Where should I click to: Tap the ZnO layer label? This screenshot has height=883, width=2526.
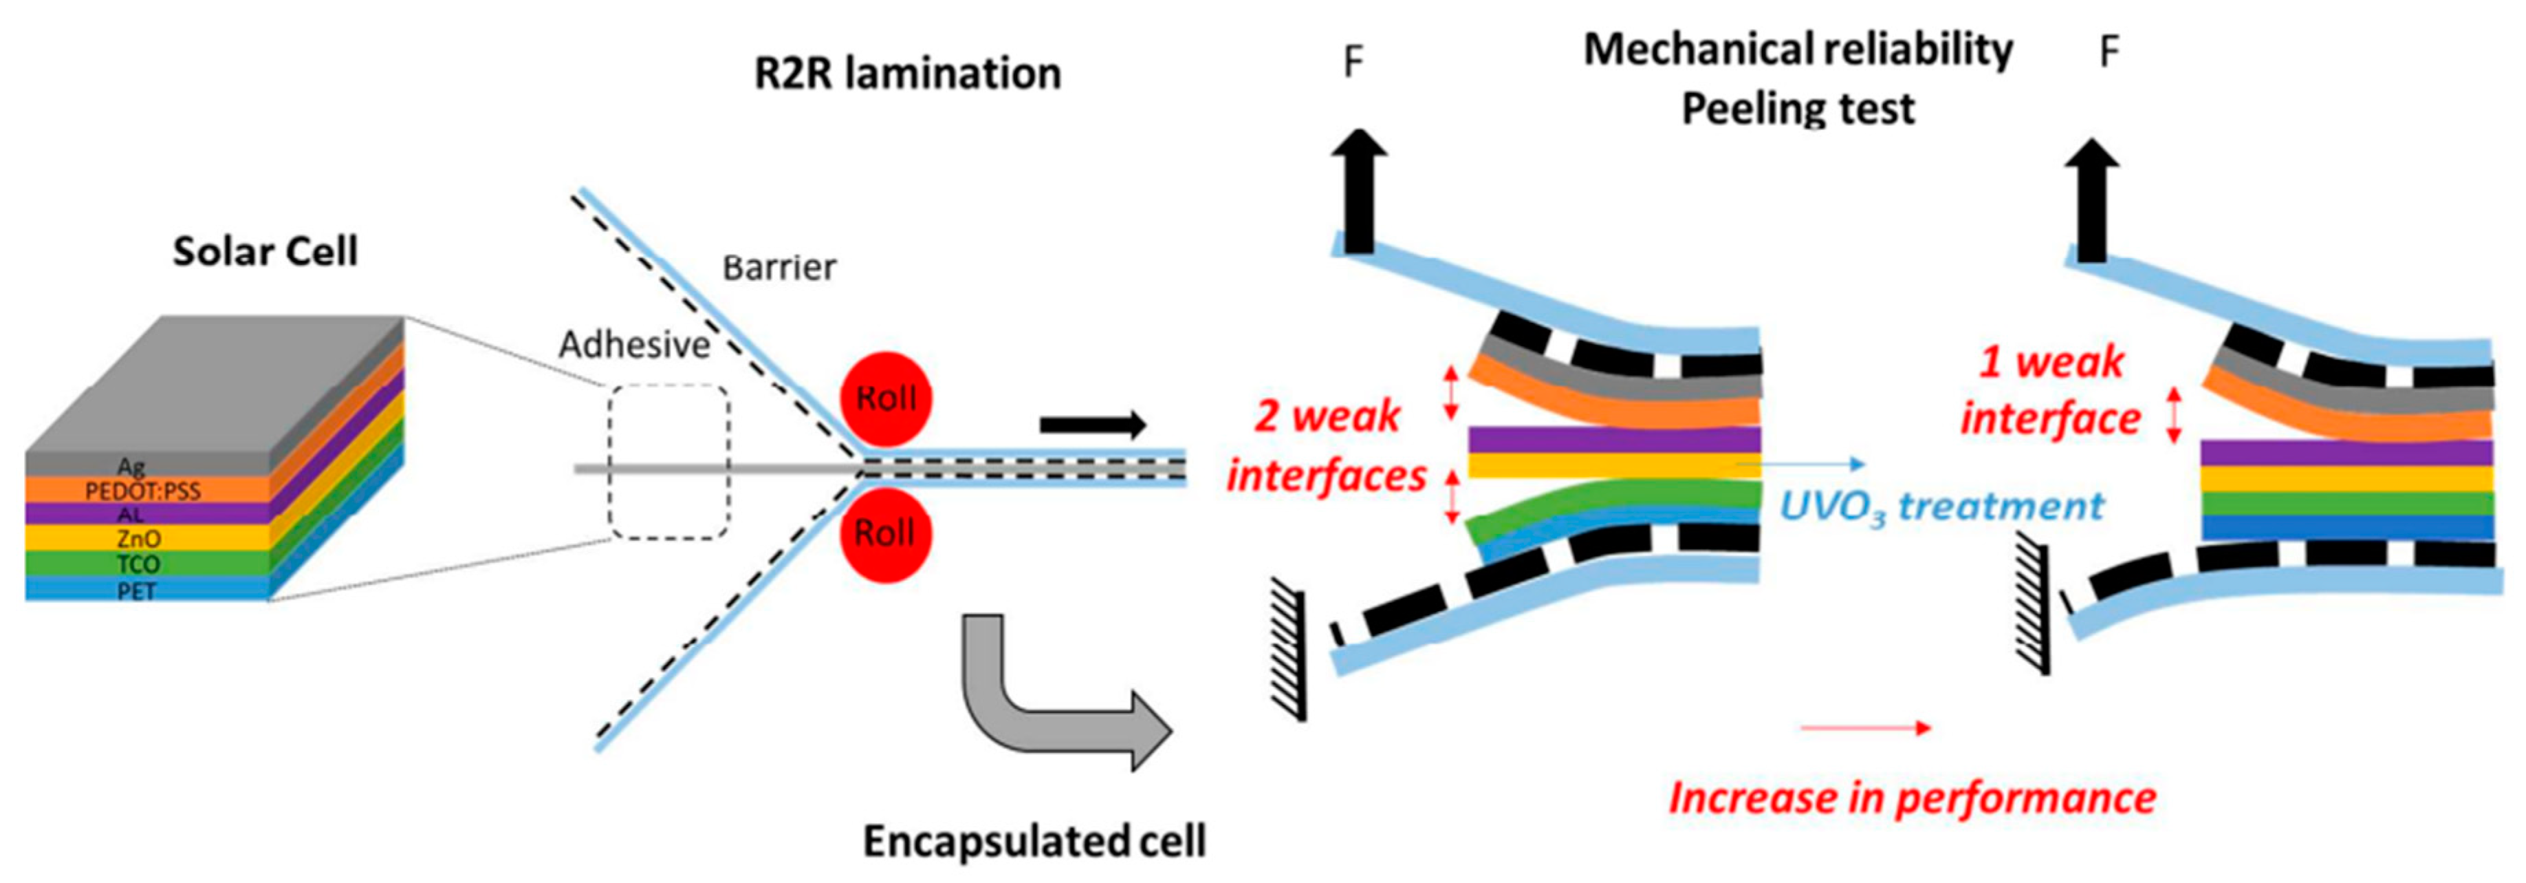click(138, 539)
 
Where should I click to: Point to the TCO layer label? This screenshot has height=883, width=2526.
click(138, 564)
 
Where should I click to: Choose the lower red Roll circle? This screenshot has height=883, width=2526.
click(886, 534)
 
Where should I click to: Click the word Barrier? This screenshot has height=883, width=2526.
click(780, 268)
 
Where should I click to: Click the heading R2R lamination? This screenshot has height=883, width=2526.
click(907, 74)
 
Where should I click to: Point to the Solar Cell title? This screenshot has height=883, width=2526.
click(265, 252)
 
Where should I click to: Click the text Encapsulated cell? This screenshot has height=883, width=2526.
click(1034, 842)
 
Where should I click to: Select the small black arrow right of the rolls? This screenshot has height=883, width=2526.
click(1092, 425)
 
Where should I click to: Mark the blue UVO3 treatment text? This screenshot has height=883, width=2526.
click(1941, 507)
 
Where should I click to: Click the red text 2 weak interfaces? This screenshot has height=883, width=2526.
click(1327, 447)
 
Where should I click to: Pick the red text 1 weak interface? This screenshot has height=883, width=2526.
click(2050, 390)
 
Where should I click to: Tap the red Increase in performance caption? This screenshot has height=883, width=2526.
click(1912, 798)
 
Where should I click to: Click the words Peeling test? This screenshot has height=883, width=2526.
click(1798, 109)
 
